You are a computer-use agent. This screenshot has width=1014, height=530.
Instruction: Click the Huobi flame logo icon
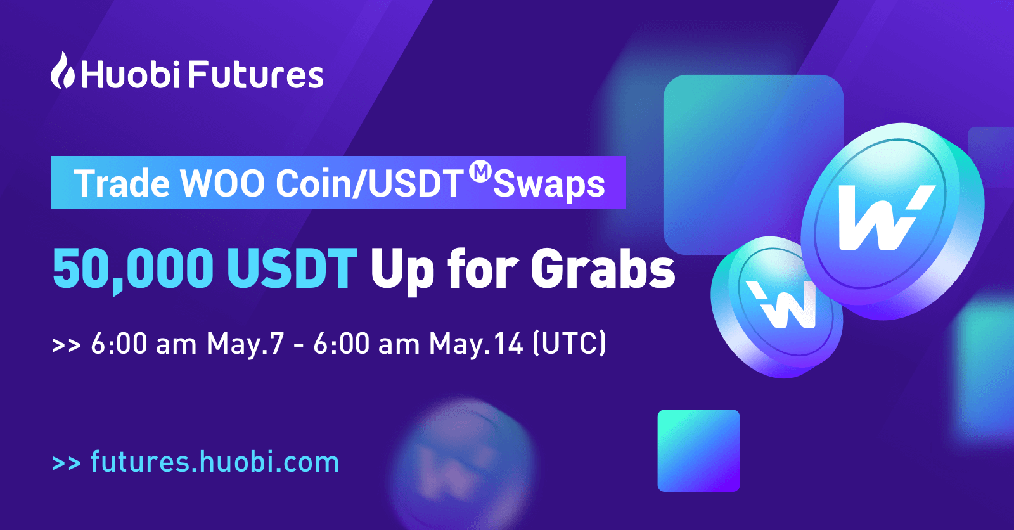coord(63,70)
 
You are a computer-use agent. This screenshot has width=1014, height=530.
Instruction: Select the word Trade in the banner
coord(122,183)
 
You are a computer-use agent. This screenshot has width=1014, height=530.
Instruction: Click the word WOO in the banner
coord(222,183)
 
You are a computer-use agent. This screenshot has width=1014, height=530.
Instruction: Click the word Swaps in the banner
coord(549,185)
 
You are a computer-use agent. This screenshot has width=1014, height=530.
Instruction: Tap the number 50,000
coord(132,269)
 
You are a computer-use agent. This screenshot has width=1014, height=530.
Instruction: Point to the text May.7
coord(245,344)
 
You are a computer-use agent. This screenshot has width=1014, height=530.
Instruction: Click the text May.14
coord(476,344)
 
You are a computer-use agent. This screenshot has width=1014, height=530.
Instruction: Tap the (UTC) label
coord(569,344)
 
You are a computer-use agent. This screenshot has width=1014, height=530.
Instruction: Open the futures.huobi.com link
coord(215,462)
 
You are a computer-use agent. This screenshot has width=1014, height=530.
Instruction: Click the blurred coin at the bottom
coord(466,464)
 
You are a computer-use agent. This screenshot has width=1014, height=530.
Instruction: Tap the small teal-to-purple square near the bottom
coord(698,451)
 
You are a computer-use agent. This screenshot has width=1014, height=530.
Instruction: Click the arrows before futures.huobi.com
coord(67,463)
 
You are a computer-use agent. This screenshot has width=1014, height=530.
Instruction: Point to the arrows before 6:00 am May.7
coord(67,345)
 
